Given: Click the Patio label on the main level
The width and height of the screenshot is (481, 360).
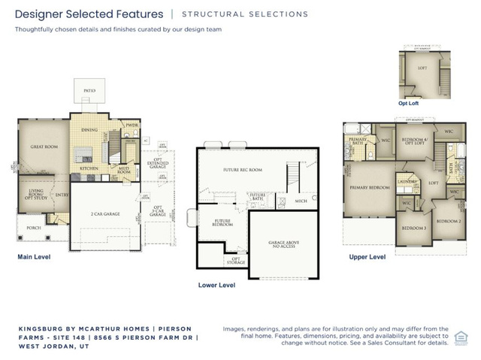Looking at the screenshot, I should click(x=89, y=89).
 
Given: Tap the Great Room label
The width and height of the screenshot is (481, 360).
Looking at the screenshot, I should click(x=44, y=147).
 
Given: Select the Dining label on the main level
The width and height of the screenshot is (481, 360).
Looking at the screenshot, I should click(x=89, y=131).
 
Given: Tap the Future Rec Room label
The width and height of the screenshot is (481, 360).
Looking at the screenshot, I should click(x=242, y=170).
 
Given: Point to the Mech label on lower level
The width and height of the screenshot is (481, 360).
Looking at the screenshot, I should click(x=301, y=201).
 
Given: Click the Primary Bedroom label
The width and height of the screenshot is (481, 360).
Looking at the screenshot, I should click(x=370, y=186).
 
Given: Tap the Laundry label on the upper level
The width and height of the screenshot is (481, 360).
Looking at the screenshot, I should click(x=407, y=182).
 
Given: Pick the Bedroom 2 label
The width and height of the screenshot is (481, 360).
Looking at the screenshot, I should click(x=448, y=221).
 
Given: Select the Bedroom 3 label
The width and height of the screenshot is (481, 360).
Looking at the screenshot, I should click(x=412, y=228).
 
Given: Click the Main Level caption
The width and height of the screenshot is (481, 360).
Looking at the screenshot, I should click(x=34, y=257).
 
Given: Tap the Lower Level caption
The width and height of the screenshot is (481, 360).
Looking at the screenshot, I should click(x=216, y=286).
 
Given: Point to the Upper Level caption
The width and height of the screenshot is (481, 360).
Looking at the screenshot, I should click(x=368, y=256).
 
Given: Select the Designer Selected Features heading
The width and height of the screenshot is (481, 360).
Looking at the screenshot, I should click(x=89, y=14).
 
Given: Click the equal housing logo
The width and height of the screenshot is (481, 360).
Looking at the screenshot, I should click(x=464, y=340).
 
